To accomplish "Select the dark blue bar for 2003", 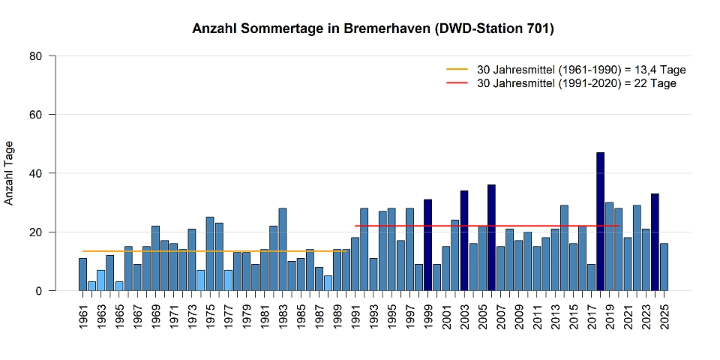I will tap(464, 241).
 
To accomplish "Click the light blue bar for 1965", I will tap(118, 286).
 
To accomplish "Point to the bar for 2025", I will tap(664, 267).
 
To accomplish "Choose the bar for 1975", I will tap(209, 254).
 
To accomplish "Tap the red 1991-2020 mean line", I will tap(487, 226).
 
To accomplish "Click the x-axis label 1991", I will tap(355, 315).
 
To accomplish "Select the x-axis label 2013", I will tap(555, 315).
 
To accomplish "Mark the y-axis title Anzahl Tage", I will tap(10, 173).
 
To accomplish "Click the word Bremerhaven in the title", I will tap(391, 29).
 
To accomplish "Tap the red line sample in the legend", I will tap(457, 83).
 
